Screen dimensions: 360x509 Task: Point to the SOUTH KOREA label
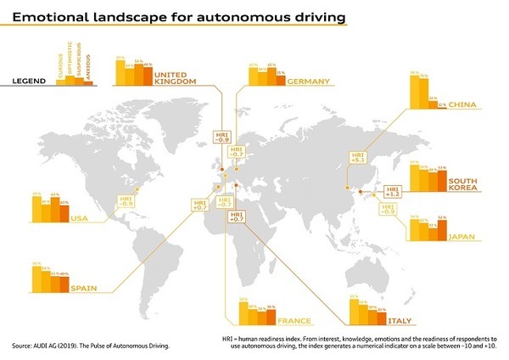click(x=467, y=186)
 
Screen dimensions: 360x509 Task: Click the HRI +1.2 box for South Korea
click(x=393, y=190)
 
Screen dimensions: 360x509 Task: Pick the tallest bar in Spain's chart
click(x=37, y=275)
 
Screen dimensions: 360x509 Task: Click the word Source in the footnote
click(x=23, y=346)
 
